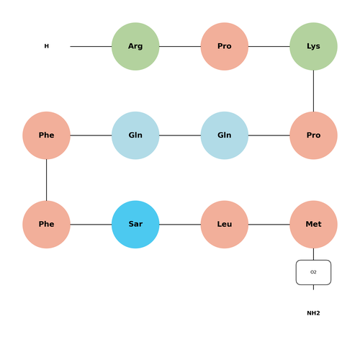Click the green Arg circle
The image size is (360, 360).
pos(135,46)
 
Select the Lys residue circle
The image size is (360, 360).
pos(313,46)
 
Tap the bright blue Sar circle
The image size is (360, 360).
pos(135,225)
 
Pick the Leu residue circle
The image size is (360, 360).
pos(225,225)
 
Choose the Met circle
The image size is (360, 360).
pos(313,225)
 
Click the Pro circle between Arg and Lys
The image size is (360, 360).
pos(225,46)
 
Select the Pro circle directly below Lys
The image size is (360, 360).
pos(313,135)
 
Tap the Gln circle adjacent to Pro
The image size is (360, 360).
pos(225,135)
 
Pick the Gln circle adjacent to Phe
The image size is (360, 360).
pos(135,135)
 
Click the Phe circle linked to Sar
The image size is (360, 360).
pos(46,225)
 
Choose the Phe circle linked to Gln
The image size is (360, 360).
pos(46,135)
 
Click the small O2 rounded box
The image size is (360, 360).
pos(313,272)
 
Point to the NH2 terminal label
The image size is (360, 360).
pos(313,313)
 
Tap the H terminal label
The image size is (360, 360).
pos(47,46)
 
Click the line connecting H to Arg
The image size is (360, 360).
pos(91,46)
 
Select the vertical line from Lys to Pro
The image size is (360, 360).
pos(313,91)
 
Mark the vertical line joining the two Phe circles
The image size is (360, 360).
pos(46,180)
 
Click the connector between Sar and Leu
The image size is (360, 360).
pos(180,225)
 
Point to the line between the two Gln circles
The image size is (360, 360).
pos(180,135)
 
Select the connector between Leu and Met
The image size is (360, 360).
pos(269,225)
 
